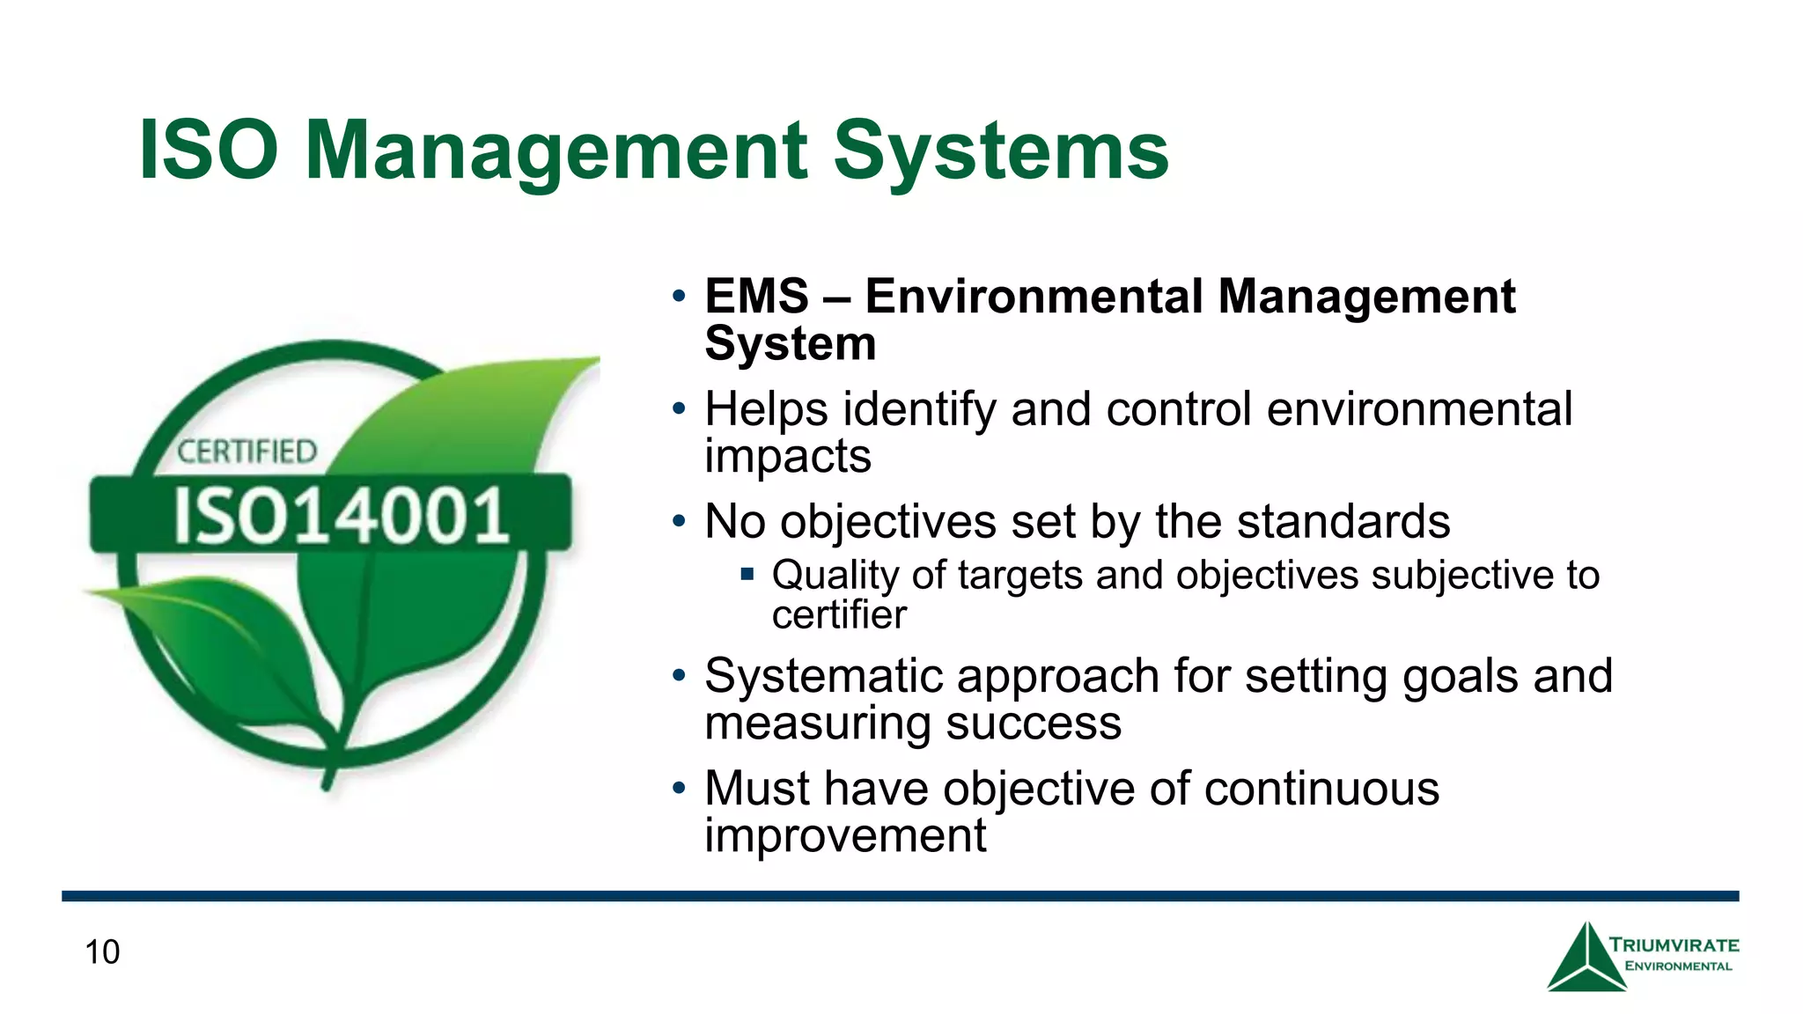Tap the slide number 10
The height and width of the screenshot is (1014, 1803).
[x=102, y=952]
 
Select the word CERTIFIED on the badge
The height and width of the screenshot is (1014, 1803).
[x=247, y=452]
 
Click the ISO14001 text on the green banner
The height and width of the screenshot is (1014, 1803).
[x=341, y=516]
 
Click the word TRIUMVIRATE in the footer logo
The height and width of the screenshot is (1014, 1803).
[x=1674, y=945]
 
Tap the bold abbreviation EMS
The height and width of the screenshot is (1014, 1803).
[x=756, y=297]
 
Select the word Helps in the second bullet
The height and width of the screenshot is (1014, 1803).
[x=766, y=410]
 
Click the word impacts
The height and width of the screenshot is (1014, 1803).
[x=788, y=457]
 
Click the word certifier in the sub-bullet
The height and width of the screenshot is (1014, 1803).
[x=839, y=615]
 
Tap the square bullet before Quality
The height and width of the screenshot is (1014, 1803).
[x=747, y=575]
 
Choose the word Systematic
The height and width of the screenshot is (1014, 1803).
[x=823, y=677]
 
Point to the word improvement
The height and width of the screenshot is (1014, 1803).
[x=845, y=835]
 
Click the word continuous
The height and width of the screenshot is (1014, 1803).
[x=1321, y=789]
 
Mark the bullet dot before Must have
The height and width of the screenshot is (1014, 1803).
[x=678, y=786]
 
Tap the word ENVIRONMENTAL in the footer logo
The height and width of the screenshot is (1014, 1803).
[x=1678, y=966]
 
